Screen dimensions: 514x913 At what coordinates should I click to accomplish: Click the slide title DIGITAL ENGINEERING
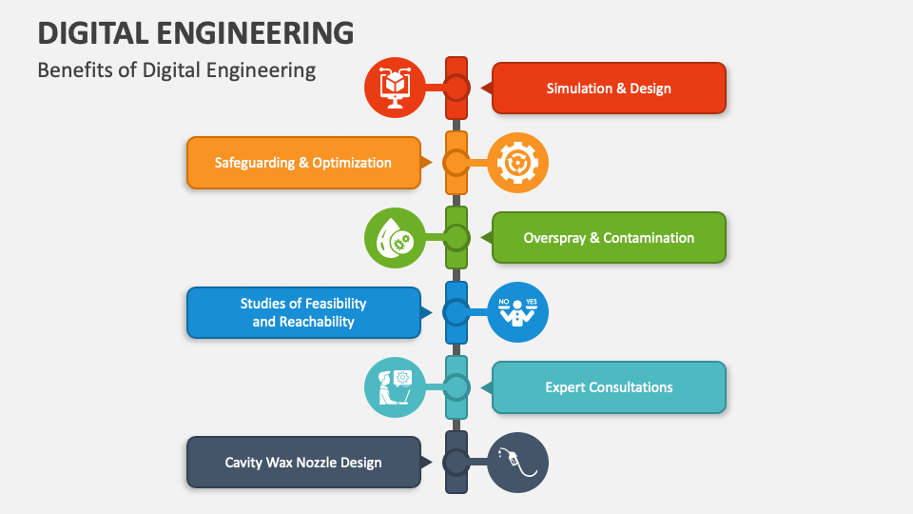196,32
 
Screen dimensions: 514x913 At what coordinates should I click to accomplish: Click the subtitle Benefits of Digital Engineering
176,70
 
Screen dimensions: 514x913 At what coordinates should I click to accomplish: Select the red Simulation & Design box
609,89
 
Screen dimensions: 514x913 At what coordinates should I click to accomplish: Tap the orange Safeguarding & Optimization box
303,163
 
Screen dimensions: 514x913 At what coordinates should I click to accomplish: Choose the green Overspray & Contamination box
609,238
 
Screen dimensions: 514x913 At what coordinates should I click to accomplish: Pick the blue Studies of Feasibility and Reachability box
303,312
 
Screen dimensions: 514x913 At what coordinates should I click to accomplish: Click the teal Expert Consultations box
609,387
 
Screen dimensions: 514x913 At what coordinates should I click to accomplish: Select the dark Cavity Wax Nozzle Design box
303,463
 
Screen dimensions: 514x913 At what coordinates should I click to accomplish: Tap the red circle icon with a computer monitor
395,88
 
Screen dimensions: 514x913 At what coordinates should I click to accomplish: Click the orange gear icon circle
518,163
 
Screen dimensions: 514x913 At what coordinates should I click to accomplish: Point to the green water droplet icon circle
395,238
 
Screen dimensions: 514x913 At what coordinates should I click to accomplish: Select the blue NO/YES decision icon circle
518,312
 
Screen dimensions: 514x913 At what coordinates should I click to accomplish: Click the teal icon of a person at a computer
395,387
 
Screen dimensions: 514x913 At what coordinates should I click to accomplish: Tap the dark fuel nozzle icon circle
518,463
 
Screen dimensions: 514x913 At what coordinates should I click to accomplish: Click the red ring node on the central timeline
456,88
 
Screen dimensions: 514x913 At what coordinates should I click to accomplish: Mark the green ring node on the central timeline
456,237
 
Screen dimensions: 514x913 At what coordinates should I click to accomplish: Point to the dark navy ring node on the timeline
456,463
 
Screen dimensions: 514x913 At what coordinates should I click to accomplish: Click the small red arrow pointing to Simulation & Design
485,89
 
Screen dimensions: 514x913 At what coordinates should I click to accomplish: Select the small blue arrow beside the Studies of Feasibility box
427,312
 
